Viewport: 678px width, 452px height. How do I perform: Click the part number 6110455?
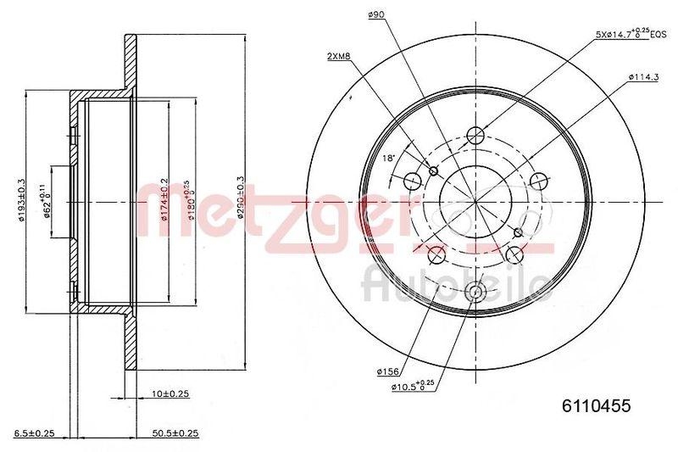[x=597, y=406]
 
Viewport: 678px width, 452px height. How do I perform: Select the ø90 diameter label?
[x=376, y=14]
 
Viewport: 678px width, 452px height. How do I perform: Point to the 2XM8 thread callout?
[x=340, y=56]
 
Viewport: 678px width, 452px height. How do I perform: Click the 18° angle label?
[x=390, y=159]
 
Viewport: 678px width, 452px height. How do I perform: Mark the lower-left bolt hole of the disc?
[x=436, y=254]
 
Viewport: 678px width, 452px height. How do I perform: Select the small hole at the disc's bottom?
[x=475, y=293]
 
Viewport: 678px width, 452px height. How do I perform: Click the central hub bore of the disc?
[x=475, y=201]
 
